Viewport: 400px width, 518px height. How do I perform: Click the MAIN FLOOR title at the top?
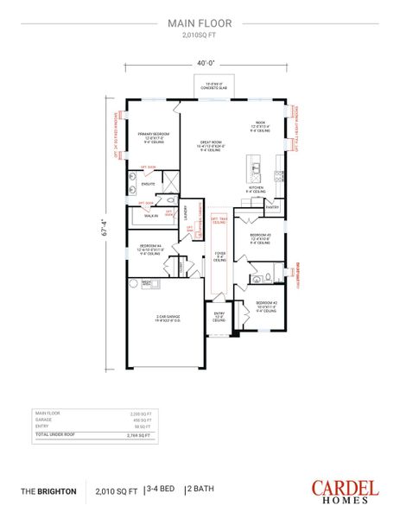(x=200, y=25)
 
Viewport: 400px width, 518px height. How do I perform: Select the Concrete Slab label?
(x=206, y=85)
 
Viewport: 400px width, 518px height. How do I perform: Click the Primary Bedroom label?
(x=153, y=136)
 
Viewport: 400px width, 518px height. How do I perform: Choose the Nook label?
(x=261, y=125)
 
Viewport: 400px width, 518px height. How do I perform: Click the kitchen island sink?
(x=254, y=163)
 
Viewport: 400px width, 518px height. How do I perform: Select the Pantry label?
(x=272, y=207)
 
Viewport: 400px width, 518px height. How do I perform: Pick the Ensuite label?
(x=147, y=184)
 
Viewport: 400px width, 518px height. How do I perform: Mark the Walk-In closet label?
(x=151, y=216)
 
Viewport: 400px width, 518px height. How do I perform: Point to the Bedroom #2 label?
(x=265, y=304)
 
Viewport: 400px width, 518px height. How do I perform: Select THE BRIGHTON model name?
(x=48, y=490)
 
